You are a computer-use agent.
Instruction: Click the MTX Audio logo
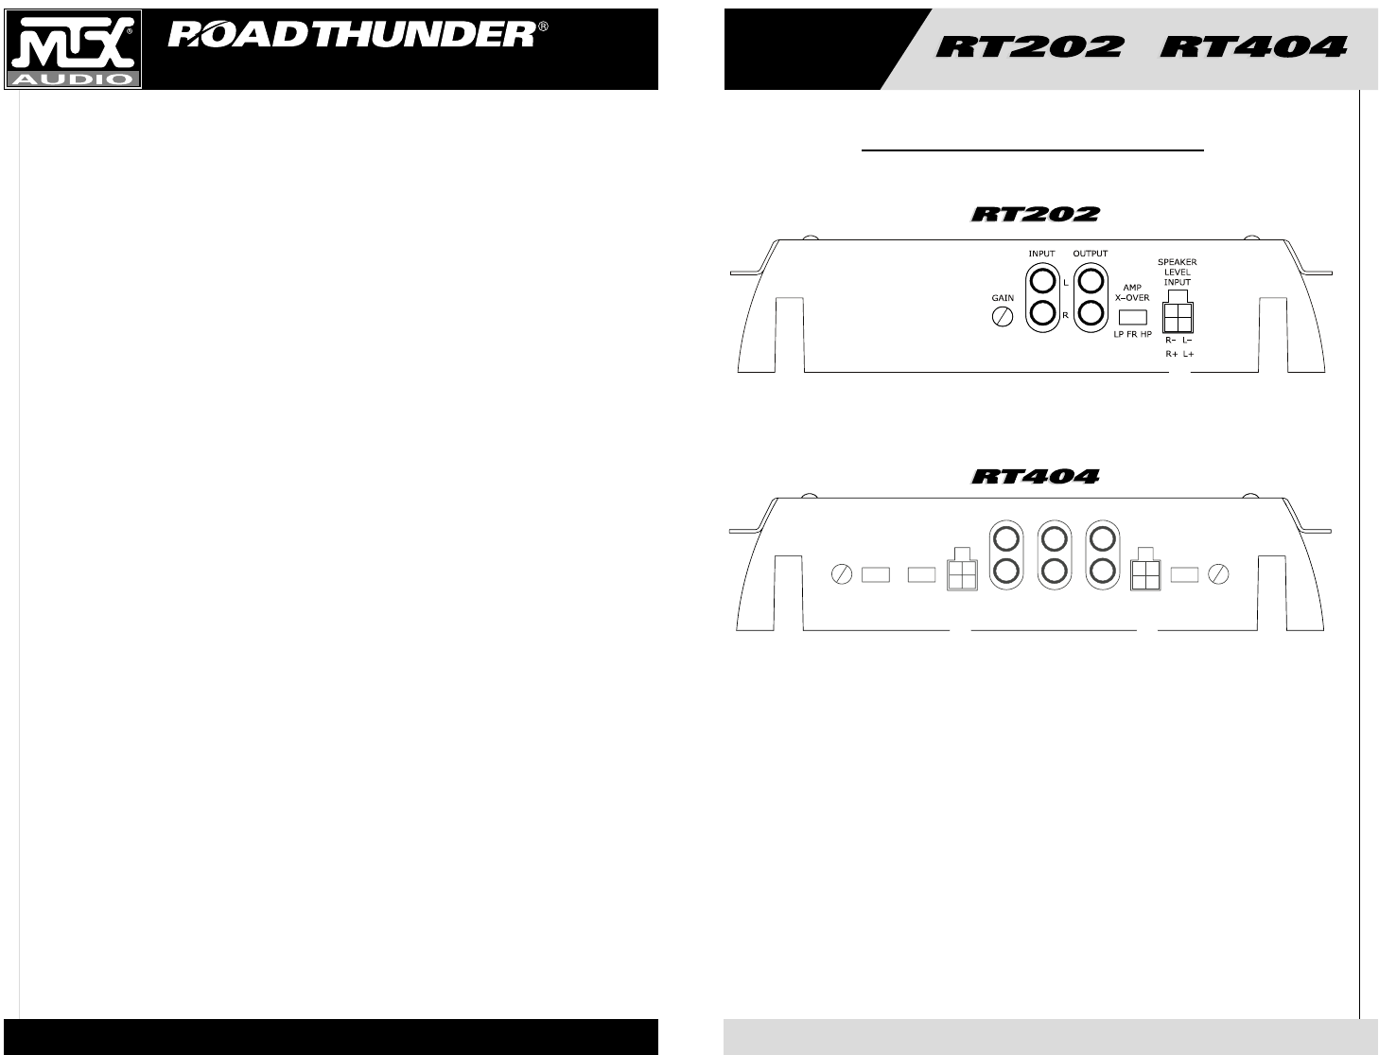coord(74,49)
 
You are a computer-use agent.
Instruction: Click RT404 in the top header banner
coord(1252,46)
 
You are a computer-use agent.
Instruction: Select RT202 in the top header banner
coord(1029,46)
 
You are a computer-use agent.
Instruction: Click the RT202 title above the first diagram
coord(1035,215)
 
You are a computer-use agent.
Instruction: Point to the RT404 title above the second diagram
coord(1035,476)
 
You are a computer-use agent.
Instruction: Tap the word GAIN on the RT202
coord(1003,298)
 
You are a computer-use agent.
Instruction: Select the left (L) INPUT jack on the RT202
coord(1042,281)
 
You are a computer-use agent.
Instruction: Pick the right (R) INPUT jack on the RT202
coord(1042,313)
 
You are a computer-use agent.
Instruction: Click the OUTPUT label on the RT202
coord(1091,254)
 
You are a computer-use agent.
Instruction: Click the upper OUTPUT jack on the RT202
coord(1091,281)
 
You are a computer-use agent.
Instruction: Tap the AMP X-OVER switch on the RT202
coord(1132,316)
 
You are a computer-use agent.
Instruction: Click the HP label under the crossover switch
coord(1146,335)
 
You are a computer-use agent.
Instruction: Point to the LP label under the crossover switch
coord(1119,335)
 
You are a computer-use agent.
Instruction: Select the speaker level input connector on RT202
coord(1178,316)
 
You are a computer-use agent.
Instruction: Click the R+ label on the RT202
coord(1171,353)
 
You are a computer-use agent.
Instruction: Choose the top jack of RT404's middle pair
coord(1053,539)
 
